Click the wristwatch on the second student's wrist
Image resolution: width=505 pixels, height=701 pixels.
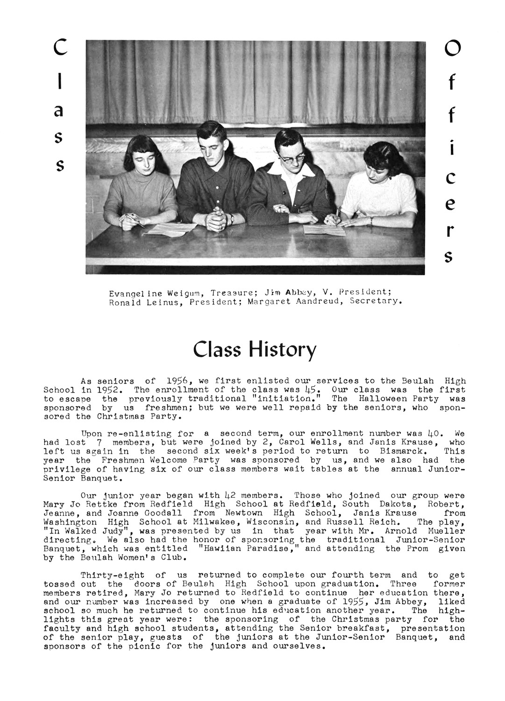(x=231, y=217)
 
